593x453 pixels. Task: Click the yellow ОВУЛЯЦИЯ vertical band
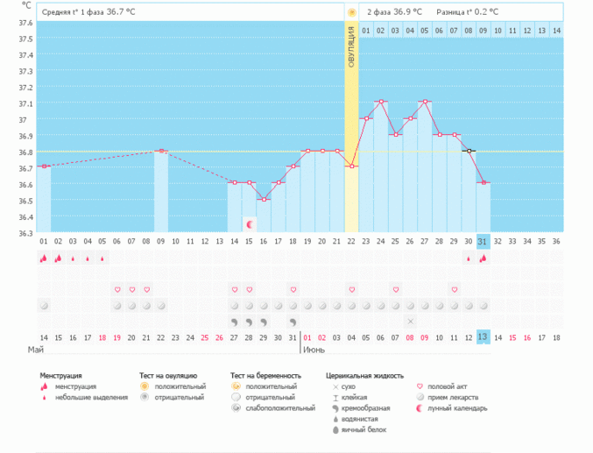point(351,131)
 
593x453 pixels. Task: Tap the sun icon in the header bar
point(351,12)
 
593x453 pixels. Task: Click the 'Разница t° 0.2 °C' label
point(469,12)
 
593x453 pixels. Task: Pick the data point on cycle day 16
point(263,200)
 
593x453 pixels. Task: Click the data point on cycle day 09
point(161,151)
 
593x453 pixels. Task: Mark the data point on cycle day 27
point(425,102)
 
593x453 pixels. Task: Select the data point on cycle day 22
point(351,166)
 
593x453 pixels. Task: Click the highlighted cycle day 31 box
point(484,241)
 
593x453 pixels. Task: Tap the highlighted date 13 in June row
point(484,337)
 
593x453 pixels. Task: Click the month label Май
point(36,350)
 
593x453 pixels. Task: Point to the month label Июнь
point(314,350)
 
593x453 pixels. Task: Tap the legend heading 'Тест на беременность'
point(272,375)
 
